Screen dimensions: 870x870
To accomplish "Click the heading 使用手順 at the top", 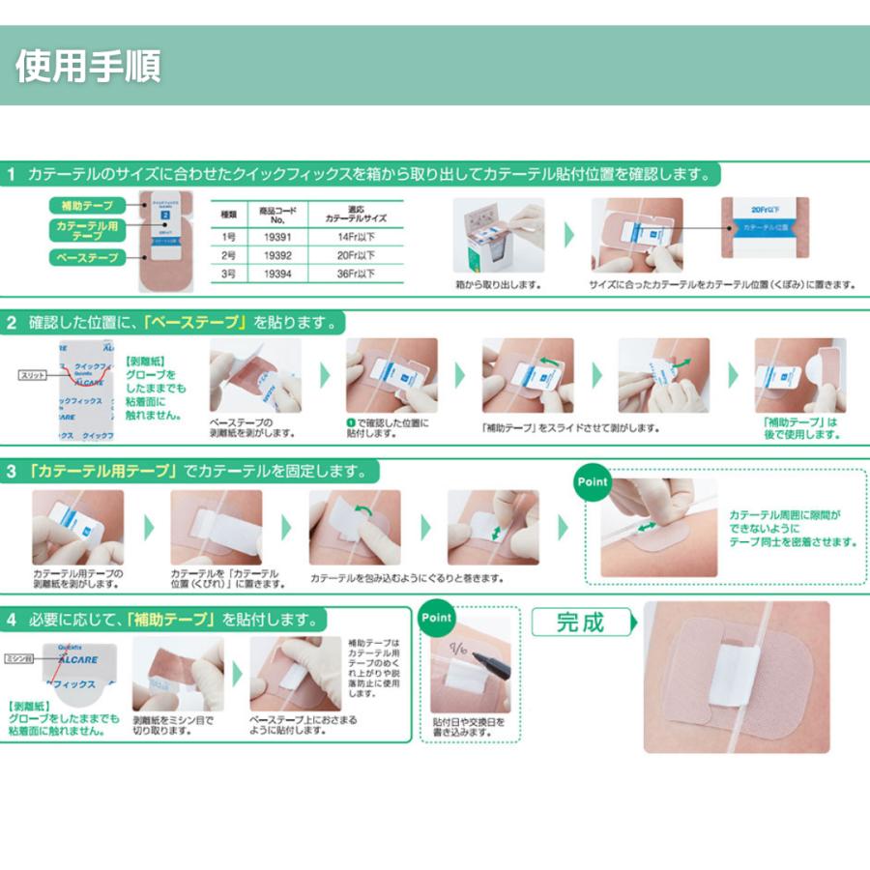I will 88,66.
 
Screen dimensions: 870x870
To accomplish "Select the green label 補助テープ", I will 87,206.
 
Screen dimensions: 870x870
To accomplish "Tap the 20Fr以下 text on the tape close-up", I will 768,207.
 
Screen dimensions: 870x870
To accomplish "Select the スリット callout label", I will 32,374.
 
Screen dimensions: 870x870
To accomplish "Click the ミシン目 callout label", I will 20,657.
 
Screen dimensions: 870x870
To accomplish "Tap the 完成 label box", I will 580,622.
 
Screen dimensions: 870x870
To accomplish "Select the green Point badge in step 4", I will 437,617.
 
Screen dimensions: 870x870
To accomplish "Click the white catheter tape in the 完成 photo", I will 735,677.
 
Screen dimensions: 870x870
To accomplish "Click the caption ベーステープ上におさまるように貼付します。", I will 289,725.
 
